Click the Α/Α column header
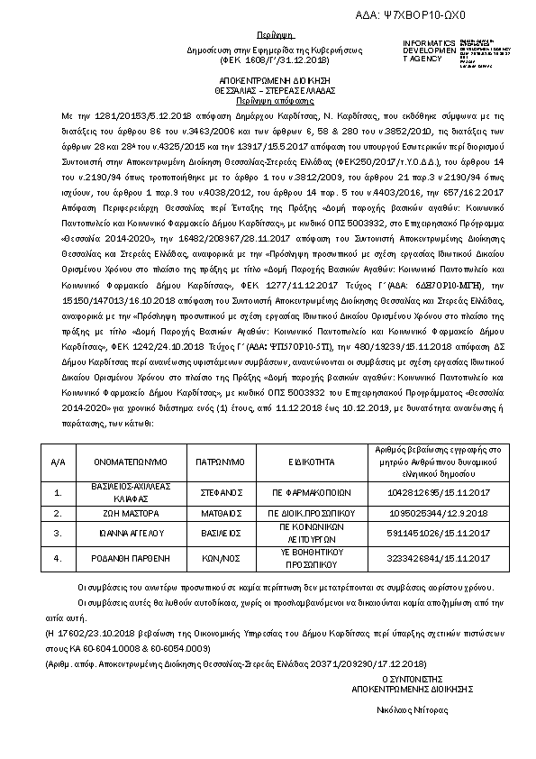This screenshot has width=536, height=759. click(x=59, y=461)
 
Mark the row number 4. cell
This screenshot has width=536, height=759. click(x=59, y=558)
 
